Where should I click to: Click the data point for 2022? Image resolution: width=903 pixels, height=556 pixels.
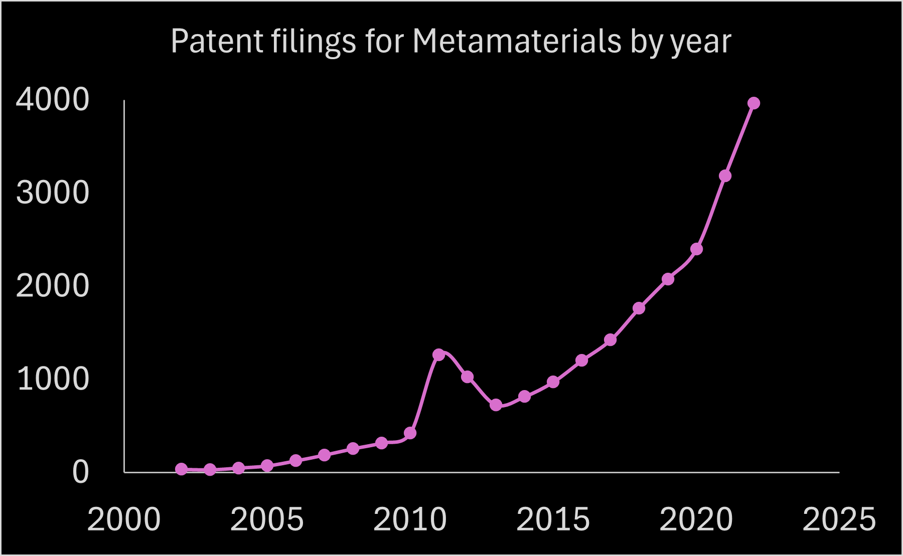tap(754, 103)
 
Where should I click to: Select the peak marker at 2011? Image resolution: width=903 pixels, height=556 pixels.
tap(438, 354)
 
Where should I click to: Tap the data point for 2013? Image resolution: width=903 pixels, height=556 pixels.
tap(496, 405)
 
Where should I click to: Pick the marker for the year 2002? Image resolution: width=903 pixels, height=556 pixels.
tap(182, 469)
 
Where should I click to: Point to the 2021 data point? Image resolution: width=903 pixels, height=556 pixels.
tap(725, 176)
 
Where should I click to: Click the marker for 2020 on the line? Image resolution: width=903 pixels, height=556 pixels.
tap(696, 249)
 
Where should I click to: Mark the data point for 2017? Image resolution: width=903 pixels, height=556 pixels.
tap(610, 340)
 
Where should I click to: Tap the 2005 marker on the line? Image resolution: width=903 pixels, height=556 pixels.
tap(267, 466)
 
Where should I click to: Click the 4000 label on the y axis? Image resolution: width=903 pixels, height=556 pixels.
tap(53, 99)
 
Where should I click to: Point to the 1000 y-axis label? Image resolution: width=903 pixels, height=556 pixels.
tap(53, 379)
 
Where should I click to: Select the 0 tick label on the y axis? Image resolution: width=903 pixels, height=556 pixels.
tap(80, 472)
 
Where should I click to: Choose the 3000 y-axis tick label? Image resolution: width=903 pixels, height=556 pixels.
tap(53, 193)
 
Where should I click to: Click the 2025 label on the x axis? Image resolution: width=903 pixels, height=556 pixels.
tap(839, 519)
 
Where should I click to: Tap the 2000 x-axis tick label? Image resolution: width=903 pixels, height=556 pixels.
tap(124, 519)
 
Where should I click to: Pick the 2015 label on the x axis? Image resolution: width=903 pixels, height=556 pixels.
tap(553, 519)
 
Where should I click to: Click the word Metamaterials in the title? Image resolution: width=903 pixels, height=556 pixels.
tap(517, 41)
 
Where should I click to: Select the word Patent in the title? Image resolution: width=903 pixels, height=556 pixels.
tap(217, 41)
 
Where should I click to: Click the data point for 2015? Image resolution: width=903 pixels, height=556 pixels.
tap(553, 382)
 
